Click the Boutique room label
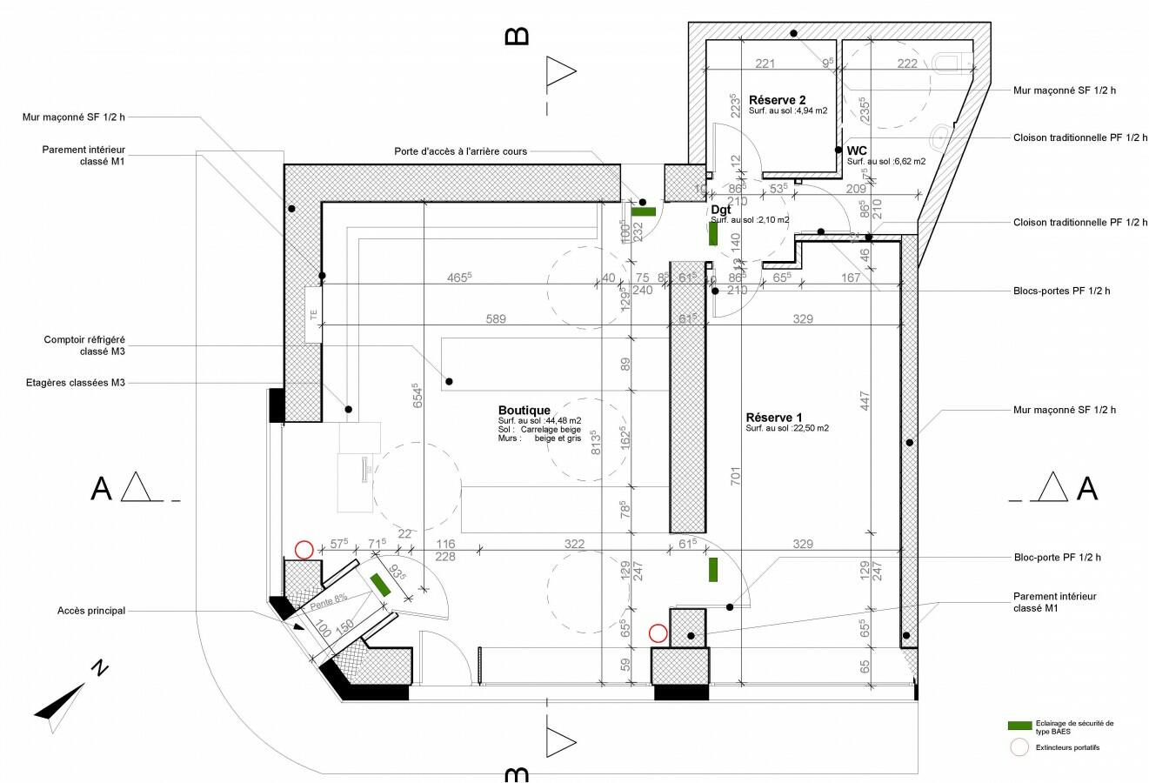(524, 410)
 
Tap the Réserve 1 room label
(774, 418)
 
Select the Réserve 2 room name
(778, 100)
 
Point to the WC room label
(857, 151)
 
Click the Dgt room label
(720, 210)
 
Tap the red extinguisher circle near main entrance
(304, 549)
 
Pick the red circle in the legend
(1019, 746)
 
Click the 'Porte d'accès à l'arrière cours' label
(460, 151)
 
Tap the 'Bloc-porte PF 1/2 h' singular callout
(1063, 556)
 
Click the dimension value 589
(495, 319)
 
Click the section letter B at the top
(517, 36)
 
